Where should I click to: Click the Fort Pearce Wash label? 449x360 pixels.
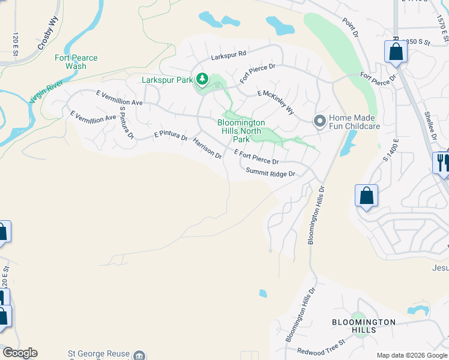pyautogui.click(x=75, y=62)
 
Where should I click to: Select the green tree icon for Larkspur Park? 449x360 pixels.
pyautogui.click(x=203, y=79)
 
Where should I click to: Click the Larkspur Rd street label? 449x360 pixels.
pyautogui.click(x=229, y=55)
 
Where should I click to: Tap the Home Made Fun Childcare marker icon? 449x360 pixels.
pyautogui.click(x=319, y=122)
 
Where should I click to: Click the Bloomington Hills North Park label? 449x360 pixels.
pyautogui.click(x=241, y=131)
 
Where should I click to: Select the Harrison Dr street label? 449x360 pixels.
pyautogui.click(x=207, y=148)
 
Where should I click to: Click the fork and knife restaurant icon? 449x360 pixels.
pyautogui.click(x=441, y=163)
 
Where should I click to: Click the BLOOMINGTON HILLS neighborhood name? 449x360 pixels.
pyautogui.click(x=364, y=326)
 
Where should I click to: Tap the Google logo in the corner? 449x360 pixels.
pyautogui.click(x=20, y=353)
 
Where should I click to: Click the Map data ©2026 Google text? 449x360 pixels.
pyautogui.click(x=411, y=355)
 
